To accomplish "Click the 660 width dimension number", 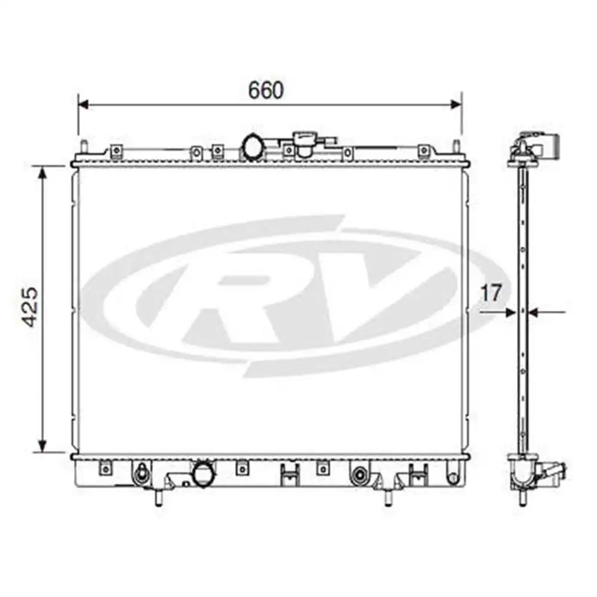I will pyautogui.click(x=266, y=90).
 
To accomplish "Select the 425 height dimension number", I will pyautogui.click(x=30, y=307).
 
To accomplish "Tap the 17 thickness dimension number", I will pyautogui.click(x=491, y=293).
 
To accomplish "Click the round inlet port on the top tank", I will pyautogui.click(x=252, y=146).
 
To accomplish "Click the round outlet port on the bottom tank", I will pyautogui.click(x=202, y=475).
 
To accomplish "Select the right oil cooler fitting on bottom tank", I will pyautogui.click(x=360, y=476).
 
